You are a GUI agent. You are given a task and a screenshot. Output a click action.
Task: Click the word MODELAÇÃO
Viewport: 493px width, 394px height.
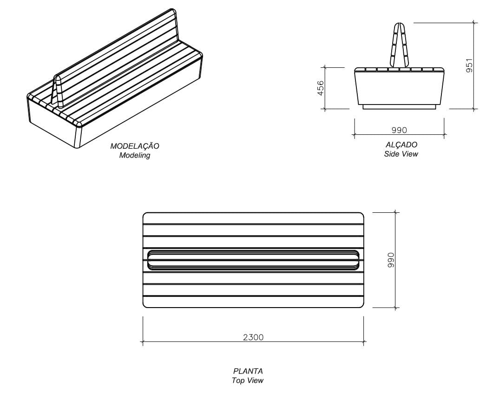134,146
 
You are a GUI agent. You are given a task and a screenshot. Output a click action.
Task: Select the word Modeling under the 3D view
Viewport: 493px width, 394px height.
134,155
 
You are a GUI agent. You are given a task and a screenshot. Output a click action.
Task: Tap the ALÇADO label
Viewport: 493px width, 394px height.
401,144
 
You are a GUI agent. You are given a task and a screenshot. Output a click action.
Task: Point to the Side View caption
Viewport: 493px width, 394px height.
401,154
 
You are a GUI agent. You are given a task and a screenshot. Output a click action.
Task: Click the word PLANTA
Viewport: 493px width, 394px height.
248,371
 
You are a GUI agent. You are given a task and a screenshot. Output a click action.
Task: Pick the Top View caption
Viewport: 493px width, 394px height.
248,381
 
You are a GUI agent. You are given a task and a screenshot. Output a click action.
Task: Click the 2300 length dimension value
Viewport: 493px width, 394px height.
253,337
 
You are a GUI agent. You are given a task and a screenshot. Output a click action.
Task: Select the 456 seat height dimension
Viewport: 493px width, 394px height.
321,88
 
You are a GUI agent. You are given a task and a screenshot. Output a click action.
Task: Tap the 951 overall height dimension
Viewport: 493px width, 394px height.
469,65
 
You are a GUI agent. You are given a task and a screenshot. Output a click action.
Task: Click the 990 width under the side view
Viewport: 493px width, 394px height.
399,130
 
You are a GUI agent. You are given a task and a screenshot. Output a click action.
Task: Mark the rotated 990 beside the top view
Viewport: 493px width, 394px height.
391,260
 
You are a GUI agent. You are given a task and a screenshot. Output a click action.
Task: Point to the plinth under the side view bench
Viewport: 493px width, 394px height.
399,107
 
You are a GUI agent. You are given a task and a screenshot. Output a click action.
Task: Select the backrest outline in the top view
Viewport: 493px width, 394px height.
253,260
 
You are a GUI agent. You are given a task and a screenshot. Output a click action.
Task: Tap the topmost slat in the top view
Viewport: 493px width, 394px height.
253,218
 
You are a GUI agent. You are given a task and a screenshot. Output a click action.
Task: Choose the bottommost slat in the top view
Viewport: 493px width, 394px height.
253,302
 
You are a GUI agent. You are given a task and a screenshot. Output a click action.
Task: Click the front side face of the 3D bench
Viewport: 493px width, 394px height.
139,107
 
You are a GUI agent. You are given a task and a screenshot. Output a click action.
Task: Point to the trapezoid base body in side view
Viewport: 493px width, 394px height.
399,88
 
